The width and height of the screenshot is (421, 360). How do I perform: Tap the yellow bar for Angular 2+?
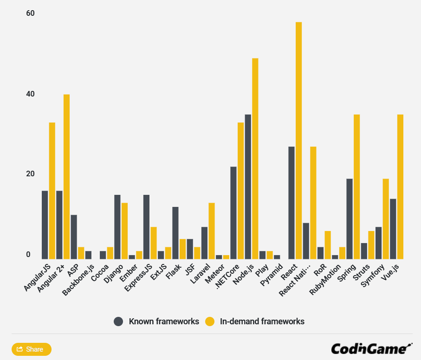point(66,177)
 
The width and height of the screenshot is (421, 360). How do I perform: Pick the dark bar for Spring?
point(350,219)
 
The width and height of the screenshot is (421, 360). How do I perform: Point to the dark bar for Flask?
point(175,232)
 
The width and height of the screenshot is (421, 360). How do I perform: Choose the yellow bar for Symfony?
point(386,219)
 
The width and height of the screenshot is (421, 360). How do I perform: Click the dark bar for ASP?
point(74,237)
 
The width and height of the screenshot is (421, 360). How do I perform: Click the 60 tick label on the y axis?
point(31,13)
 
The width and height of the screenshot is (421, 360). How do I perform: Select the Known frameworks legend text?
point(163,321)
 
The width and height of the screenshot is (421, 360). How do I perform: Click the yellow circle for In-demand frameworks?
point(210,321)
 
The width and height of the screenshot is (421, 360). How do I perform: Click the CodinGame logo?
point(371,348)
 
